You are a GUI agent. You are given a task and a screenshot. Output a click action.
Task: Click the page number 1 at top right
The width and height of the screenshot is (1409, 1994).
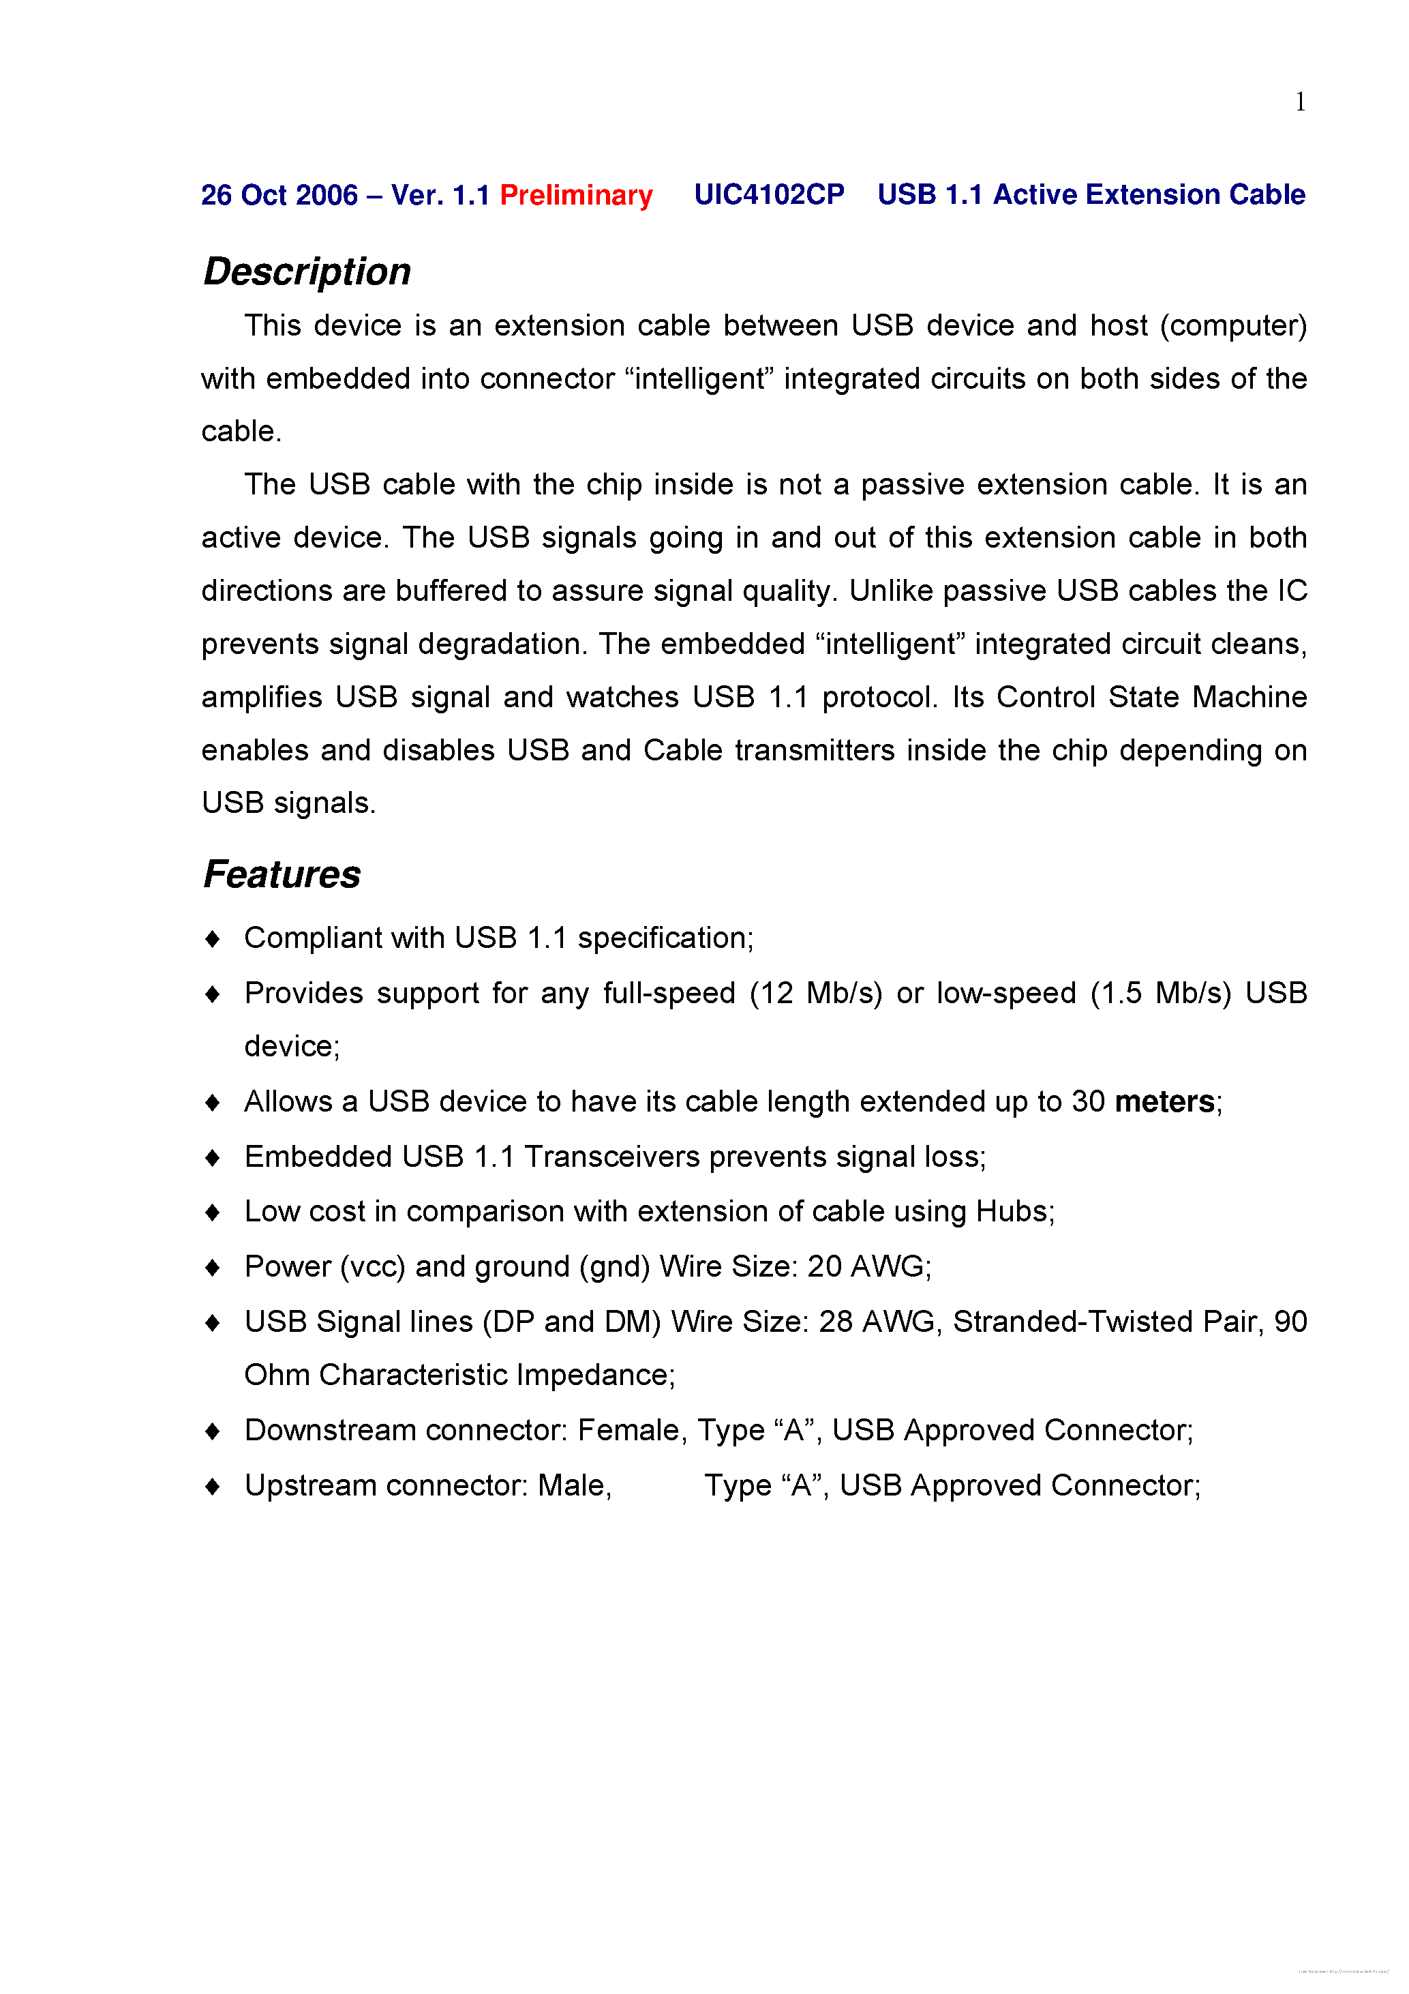click(x=1300, y=102)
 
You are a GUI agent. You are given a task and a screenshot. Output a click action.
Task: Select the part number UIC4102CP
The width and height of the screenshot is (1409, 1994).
click(x=768, y=194)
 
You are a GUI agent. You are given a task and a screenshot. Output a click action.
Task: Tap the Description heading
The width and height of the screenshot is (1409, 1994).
click(x=307, y=272)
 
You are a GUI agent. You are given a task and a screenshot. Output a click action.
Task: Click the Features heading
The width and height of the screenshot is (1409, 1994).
click(x=282, y=874)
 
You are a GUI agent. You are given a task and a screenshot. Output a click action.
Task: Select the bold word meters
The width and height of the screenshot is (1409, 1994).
click(x=1164, y=1102)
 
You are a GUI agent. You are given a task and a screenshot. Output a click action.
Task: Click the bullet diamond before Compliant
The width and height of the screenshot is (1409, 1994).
click(x=213, y=939)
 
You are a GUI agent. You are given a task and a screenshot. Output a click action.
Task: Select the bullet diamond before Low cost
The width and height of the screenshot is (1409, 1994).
click(x=213, y=1212)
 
